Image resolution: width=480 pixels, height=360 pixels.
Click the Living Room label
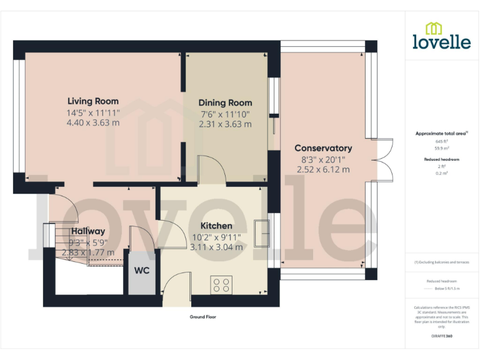(x=93, y=101)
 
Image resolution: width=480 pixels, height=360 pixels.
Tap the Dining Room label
(x=225, y=102)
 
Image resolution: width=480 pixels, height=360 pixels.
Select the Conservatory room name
(x=323, y=148)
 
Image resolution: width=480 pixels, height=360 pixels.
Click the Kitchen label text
(x=216, y=226)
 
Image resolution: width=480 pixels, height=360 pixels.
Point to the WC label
(x=142, y=272)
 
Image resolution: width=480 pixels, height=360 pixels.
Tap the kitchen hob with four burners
(x=221, y=285)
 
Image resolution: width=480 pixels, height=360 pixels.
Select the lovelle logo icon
(x=434, y=28)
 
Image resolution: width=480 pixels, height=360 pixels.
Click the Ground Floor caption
(x=203, y=317)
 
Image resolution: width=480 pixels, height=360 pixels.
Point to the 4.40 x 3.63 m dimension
(x=93, y=122)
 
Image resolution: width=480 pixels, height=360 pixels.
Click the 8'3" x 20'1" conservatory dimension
(x=323, y=159)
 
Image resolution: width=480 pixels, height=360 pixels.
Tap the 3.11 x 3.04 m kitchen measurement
(x=216, y=247)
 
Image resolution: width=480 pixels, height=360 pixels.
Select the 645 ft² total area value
(x=442, y=142)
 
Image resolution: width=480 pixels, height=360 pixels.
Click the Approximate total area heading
(x=441, y=133)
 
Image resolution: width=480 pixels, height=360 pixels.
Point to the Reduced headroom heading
(x=442, y=159)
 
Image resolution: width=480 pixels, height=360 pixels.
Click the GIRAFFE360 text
(x=442, y=336)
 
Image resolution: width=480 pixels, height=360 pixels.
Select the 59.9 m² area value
(x=442, y=148)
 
